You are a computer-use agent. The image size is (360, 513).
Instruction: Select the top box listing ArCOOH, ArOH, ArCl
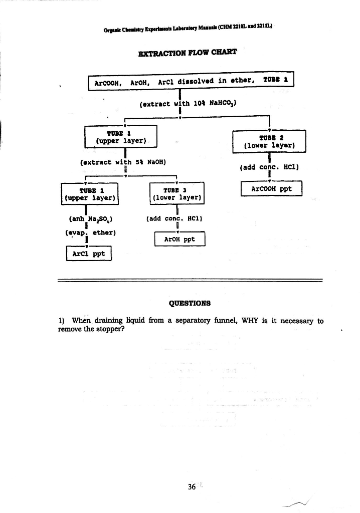pos(191,81)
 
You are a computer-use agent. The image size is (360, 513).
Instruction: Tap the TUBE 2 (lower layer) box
pos(269,141)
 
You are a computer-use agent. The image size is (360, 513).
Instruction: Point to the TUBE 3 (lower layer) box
pos(177,193)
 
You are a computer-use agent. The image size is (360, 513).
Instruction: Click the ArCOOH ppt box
pos(271,189)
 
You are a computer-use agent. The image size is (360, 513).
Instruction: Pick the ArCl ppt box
pos(89,253)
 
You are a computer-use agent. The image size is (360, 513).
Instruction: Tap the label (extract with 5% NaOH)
pos(123,162)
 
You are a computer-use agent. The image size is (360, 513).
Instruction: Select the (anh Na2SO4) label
pos(89,219)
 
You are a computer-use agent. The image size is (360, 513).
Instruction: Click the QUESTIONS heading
pos(190,303)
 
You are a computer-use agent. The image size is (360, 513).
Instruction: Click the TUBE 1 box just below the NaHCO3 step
pos(121,136)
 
